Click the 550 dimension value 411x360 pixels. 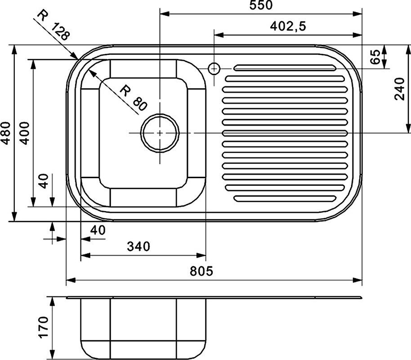pyautogui.click(x=261, y=5)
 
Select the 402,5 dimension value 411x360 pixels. pyautogui.click(x=288, y=26)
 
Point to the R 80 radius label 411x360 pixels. pyautogui.click(x=133, y=98)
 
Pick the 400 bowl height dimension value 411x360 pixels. pyautogui.click(x=25, y=133)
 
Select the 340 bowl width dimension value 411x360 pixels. pyautogui.click(x=138, y=247)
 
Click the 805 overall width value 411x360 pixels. pyautogui.click(x=201, y=271)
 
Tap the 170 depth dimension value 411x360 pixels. pyautogui.click(x=44, y=327)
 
